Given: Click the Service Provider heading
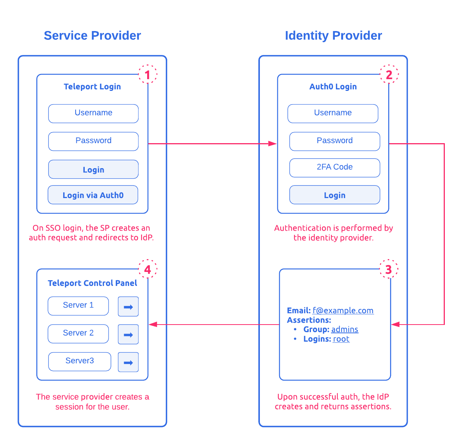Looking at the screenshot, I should pos(92,36).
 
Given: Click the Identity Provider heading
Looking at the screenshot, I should pos(333,36).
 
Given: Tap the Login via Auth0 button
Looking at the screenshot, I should pos(93,195).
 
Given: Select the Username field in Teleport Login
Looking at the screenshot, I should pos(93,113).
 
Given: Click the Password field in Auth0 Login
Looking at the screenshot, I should pos(334,141).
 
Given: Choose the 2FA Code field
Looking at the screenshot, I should pos(334,167).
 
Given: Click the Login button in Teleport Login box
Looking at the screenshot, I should pos(93,169).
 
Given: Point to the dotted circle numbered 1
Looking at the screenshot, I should pos(148,75).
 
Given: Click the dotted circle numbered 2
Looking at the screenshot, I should pos(389,75).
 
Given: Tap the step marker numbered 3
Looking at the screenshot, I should pos(388,269).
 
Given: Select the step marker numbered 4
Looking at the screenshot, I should pos(148,269).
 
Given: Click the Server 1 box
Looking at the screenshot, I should pos(78,306).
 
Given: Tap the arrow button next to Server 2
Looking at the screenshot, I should pos(128,334).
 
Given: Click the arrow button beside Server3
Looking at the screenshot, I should pos(128,362).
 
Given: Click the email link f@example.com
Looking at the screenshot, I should pos(343,311).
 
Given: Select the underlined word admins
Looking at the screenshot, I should pos(345,329).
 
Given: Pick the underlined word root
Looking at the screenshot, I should pos(341,339).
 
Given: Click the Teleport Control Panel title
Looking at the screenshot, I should pos(92,283).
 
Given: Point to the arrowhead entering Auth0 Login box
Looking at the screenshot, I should pos(272,144).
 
